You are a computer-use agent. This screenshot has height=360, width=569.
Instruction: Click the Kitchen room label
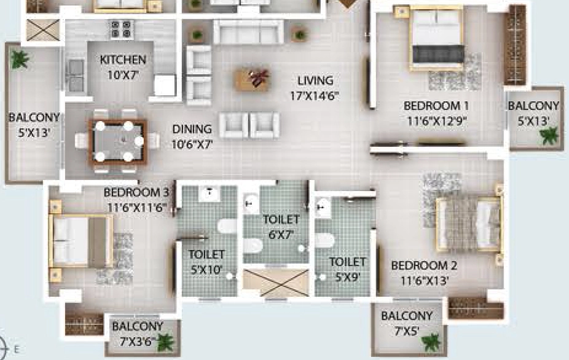(123, 60)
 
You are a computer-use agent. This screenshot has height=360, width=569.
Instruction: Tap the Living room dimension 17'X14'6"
(315, 96)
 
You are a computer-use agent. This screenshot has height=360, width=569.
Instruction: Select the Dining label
(192, 129)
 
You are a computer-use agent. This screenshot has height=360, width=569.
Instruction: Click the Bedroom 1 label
(436, 106)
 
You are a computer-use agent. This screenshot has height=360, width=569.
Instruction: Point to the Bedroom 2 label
(424, 265)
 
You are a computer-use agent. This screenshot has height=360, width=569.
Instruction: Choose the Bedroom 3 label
(136, 192)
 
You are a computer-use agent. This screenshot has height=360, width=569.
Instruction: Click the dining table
(117, 141)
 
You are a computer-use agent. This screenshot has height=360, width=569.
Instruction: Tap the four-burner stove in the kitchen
(121, 29)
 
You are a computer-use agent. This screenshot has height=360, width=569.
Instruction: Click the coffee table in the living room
(253, 79)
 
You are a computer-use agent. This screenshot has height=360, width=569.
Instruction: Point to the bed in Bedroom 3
(81, 241)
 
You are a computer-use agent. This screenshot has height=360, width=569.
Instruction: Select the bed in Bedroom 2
(469, 224)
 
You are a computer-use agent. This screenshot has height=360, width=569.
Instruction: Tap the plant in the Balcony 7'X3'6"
(165, 342)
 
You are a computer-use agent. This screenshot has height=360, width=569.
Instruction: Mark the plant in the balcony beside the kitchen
(19, 59)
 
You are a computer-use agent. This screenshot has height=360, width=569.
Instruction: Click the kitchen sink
(76, 75)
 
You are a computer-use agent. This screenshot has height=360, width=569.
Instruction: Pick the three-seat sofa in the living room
(249, 32)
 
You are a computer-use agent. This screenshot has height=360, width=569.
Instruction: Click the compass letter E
(17, 349)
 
